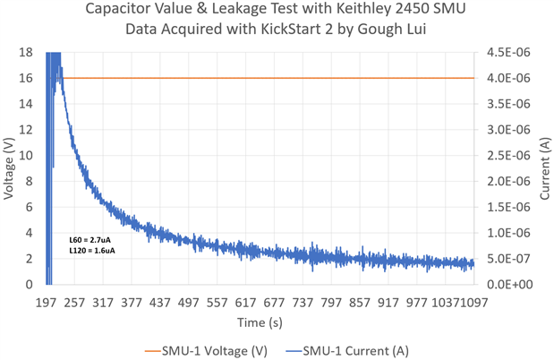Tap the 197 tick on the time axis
47,303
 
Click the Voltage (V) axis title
10,168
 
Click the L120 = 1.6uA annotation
92,252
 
